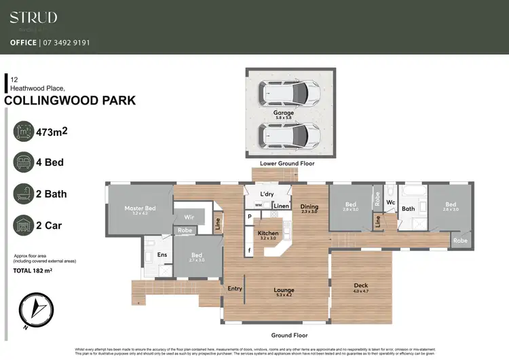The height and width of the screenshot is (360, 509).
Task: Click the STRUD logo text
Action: coord(33,18)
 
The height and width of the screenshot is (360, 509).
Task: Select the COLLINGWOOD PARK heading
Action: coord(70,101)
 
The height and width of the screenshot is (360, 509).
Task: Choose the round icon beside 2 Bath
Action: coord(24,194)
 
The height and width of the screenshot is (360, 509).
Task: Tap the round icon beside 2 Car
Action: coord(24,225)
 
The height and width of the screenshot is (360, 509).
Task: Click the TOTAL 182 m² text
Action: coord(33,270)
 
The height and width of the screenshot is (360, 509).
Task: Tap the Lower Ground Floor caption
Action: coord(287,164)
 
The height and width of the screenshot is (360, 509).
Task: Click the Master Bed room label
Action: coord(140,208)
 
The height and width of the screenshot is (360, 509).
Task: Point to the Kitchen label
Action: coord(267,233)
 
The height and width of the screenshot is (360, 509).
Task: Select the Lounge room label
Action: coord(284,290)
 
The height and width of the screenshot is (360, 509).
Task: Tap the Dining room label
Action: coord(309,206)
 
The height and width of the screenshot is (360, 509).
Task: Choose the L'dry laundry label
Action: coord(267,194)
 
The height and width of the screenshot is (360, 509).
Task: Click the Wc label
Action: coord(390,202)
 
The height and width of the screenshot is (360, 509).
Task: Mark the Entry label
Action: coord(235,288)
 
